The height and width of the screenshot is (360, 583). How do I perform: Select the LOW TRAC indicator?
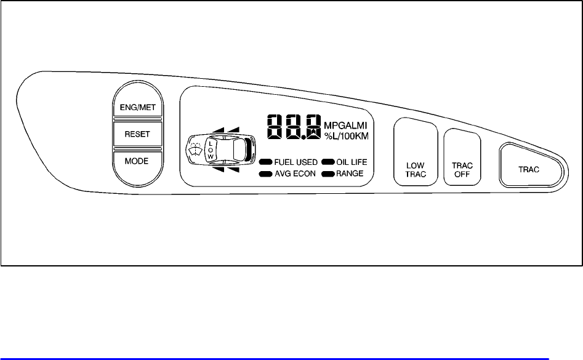click(x=416, y=170)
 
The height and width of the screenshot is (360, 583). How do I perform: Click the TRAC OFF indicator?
click(x=462, y=170)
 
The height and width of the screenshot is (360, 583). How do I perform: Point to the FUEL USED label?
click(x=295, y=162)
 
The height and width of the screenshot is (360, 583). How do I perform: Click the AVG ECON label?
click(x=295, y=174)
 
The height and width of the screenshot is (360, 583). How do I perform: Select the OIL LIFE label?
click(x=352, y=162)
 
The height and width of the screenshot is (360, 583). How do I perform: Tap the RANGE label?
click(x=349, y=174)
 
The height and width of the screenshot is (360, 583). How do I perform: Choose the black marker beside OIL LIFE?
click(x=328, y=162)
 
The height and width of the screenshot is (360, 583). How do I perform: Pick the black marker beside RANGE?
click(x=328, y=174)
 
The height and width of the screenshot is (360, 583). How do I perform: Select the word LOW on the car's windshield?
click(x=211, y=150)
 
